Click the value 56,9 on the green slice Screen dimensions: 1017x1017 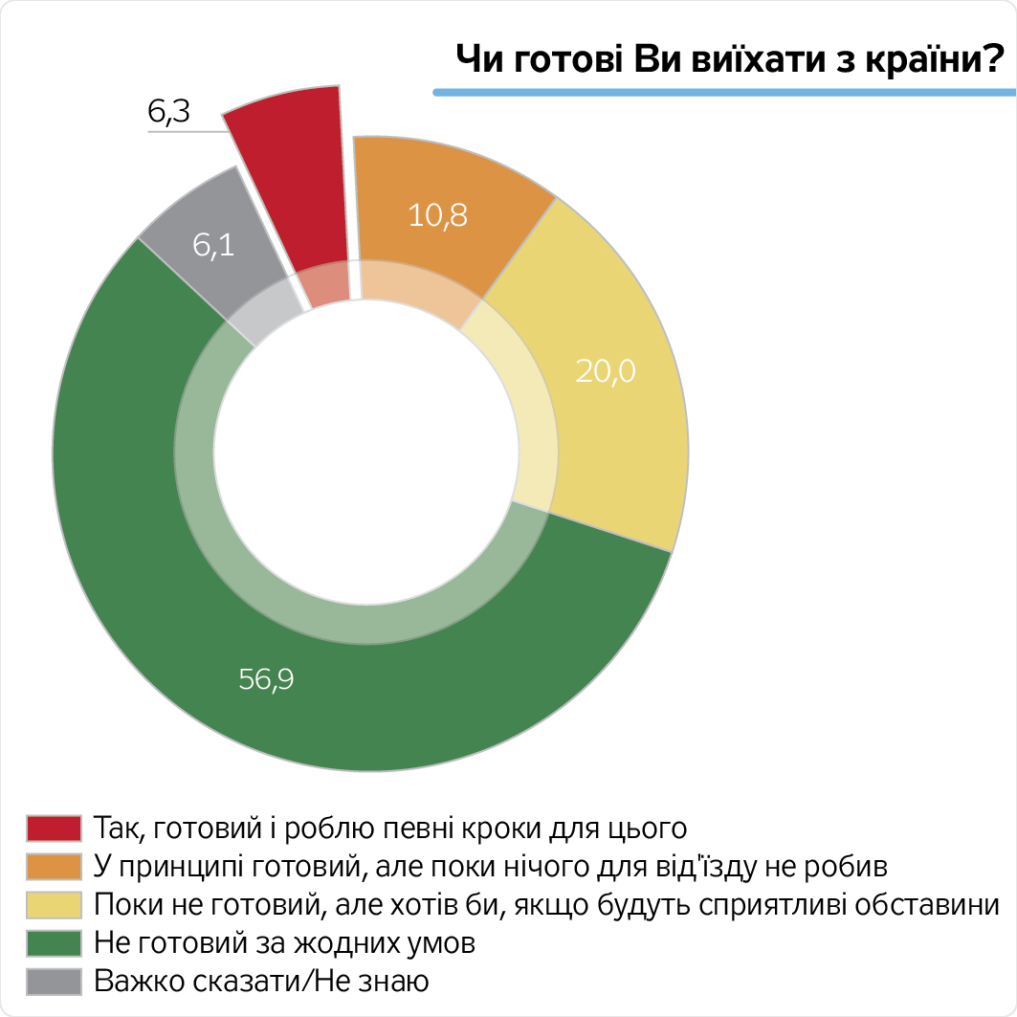(265, 680)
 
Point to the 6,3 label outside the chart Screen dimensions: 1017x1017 (169, 113)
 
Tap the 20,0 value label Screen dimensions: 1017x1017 (605, 370)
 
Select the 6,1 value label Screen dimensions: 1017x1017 (213, 247)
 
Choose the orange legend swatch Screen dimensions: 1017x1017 (54, 866)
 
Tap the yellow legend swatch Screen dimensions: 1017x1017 (54, 904)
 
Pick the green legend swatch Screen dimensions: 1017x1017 (54, 943)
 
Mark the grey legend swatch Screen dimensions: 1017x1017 (54, 982)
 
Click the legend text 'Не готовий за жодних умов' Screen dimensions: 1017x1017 (285, 943)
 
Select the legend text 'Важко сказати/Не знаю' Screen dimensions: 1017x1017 (261, 982)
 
